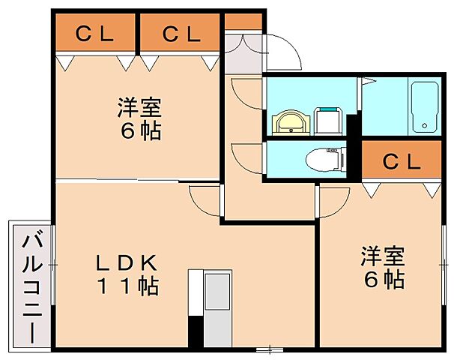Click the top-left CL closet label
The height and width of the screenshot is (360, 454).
94,34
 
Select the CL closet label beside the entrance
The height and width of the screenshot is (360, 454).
181,34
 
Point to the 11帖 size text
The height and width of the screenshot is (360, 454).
125,286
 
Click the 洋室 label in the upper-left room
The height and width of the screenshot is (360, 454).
139,107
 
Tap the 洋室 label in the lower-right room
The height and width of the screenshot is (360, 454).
383,256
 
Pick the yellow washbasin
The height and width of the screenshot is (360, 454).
288,121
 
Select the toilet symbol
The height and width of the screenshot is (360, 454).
324,158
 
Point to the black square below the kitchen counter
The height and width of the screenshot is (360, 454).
195,331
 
